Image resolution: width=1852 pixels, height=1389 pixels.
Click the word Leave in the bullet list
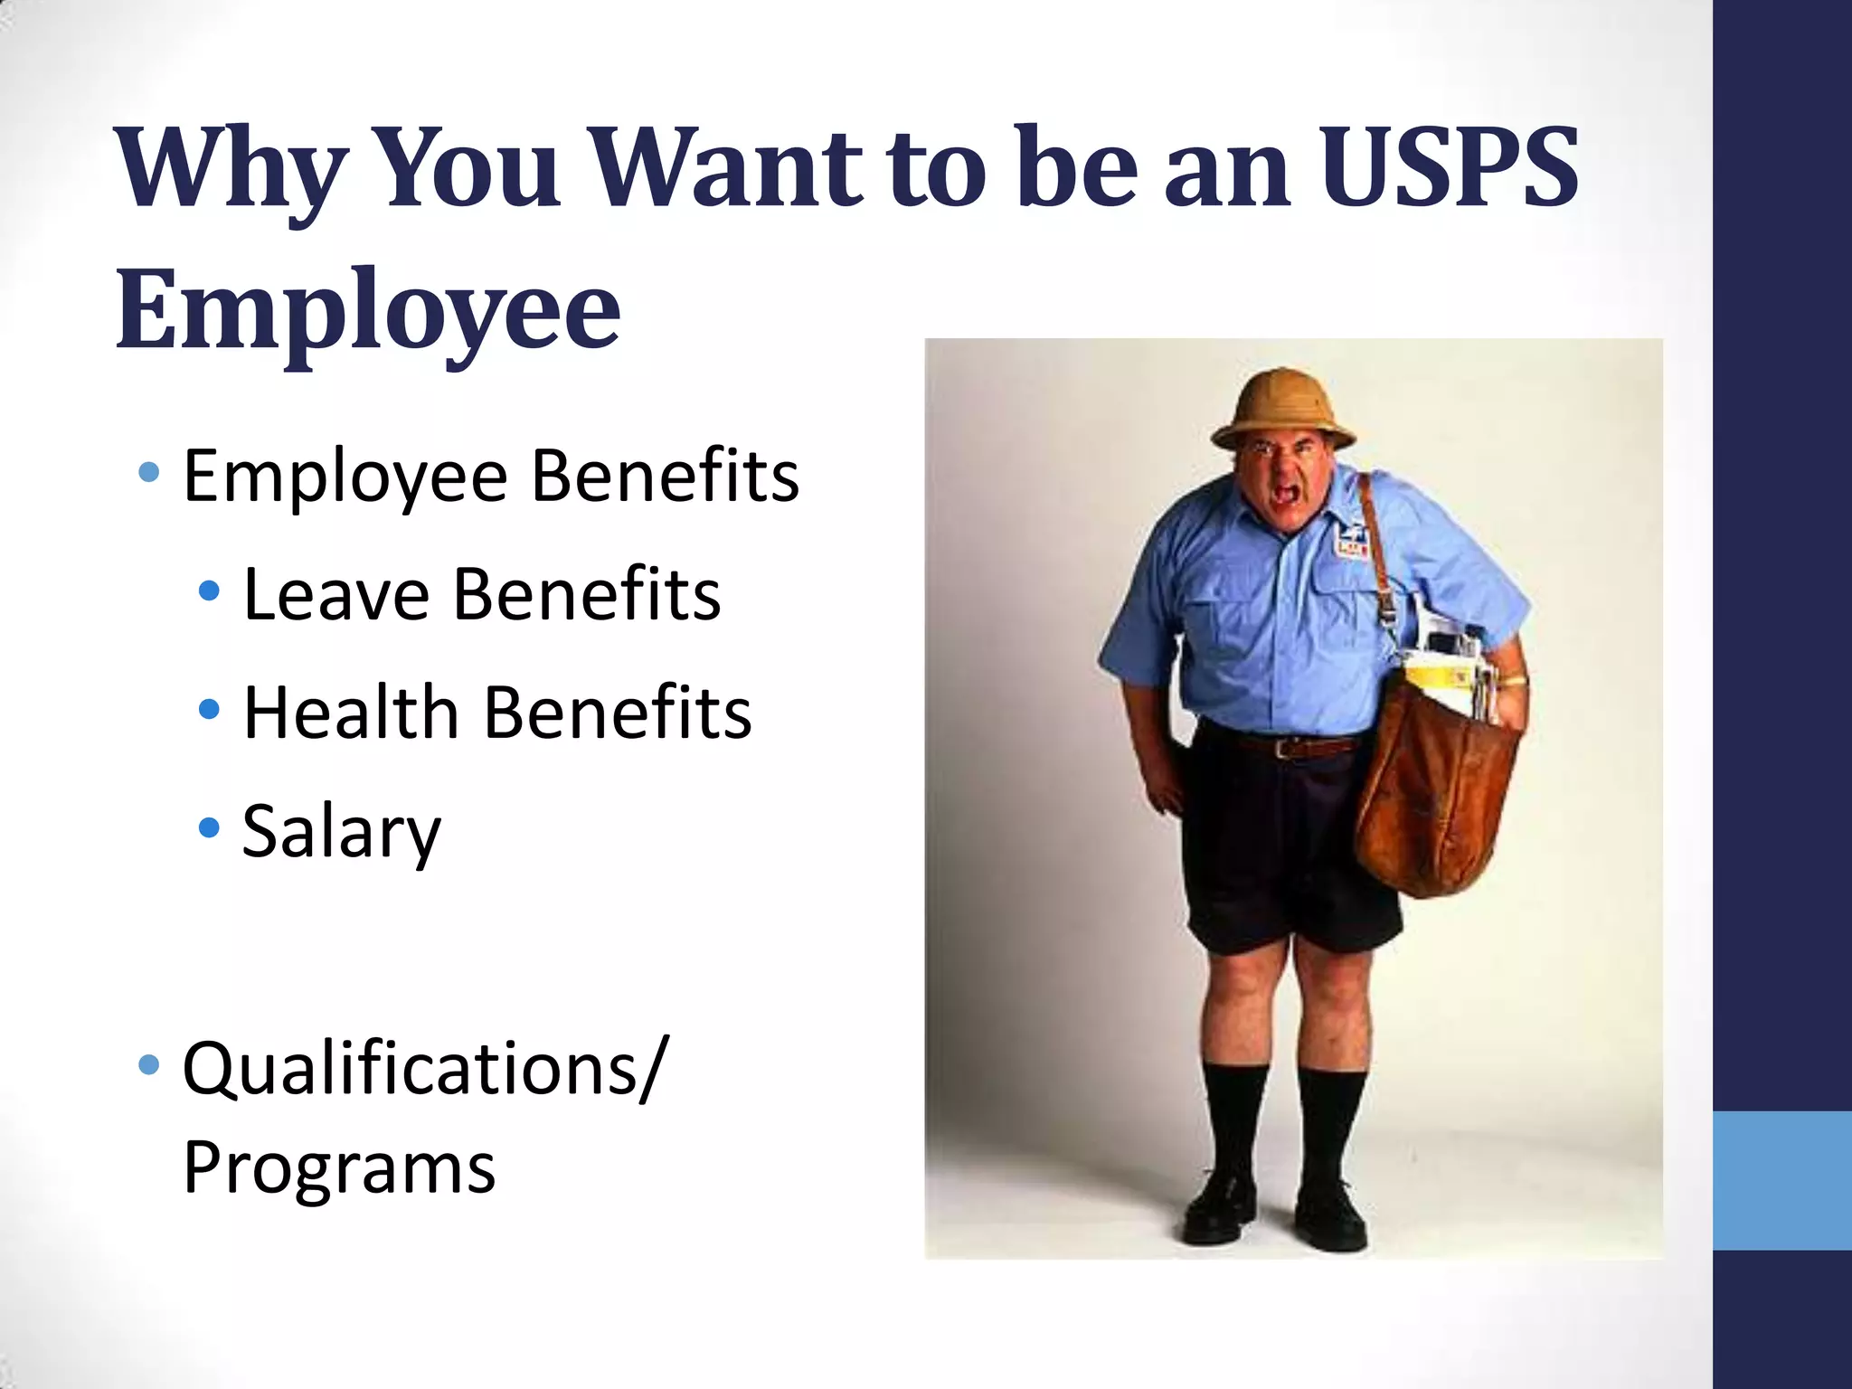coord(336,594)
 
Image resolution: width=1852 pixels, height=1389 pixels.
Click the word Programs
coord(339,1168)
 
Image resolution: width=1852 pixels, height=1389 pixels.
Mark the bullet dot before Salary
coord(209,827)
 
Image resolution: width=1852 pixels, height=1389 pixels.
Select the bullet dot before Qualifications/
coord(149,1065)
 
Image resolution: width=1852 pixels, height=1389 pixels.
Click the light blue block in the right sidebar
coord(1781,1180)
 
